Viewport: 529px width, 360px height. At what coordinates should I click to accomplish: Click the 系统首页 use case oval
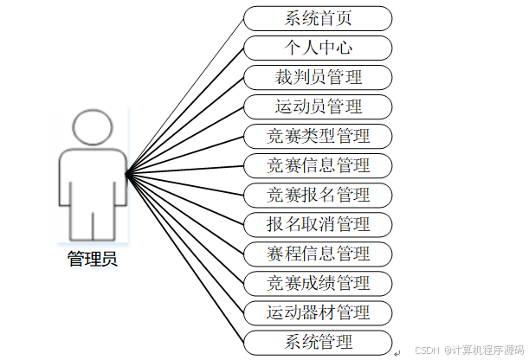(318, 18)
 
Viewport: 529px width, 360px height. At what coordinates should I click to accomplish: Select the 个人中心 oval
(318, 48)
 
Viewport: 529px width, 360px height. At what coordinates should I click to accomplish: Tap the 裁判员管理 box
(318, 77)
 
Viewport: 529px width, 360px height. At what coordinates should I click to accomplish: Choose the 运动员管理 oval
(318, 106)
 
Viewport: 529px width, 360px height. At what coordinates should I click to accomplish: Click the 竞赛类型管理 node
(318, 136)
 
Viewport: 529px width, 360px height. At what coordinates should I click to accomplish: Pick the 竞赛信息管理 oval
(318, 165)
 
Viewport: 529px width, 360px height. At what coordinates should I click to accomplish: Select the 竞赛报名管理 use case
(318, 195)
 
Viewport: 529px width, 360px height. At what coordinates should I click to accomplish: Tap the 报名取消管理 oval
(318, 224)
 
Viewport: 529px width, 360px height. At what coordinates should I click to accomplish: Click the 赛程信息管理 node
(318, 254)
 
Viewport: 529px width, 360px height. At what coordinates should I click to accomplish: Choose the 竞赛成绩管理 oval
(318, 283)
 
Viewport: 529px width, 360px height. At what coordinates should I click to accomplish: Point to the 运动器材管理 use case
(318, 312)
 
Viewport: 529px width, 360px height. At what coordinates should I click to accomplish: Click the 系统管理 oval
(318, 342)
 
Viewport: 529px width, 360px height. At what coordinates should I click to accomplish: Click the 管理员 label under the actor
(92, 258)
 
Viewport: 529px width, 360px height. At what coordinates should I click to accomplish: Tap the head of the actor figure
(94, 127)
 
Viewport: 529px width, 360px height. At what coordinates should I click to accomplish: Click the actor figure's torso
(94, 177)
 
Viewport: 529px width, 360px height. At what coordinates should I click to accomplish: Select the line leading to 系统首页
(185, 95)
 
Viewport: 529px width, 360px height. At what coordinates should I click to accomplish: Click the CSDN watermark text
(469, 350)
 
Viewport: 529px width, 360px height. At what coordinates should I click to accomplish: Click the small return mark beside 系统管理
(397, 353)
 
